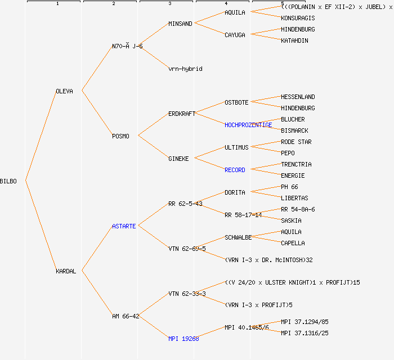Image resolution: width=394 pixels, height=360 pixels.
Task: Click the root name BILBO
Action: point(8,181)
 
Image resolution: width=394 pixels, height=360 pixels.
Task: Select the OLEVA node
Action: point(64,91)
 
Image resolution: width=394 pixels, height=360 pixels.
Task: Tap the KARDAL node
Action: point(66,271)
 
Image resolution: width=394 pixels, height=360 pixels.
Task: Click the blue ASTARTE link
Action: point(124,226)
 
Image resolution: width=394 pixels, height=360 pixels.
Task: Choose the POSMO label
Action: point(120,136)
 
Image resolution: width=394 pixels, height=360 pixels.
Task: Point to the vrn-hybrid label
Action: point(185,69)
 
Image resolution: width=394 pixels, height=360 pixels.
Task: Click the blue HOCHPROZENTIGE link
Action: point(248,125)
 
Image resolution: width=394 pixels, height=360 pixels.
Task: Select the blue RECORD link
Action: point(235,170)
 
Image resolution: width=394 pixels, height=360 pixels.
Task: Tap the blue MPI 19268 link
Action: point(183,339)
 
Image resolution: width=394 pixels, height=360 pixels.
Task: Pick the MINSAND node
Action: point(180,24)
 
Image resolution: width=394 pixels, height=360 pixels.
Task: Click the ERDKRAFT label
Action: point(182,114)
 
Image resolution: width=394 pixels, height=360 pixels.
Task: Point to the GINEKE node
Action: point(178,159)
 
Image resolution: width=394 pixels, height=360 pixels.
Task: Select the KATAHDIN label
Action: point(294,40)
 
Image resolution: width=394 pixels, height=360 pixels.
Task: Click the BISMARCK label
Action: point(294,130)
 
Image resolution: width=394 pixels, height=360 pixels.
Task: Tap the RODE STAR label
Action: point(296,142)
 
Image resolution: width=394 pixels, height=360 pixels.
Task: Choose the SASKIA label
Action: point(291,220)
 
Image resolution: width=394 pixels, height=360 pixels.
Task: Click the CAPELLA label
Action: point(293,243)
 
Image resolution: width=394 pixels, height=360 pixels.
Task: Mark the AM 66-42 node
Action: point(126,316)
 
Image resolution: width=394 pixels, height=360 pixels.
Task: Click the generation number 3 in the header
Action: point(169,4)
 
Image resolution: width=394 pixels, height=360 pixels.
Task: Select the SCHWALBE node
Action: point(238,237)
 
